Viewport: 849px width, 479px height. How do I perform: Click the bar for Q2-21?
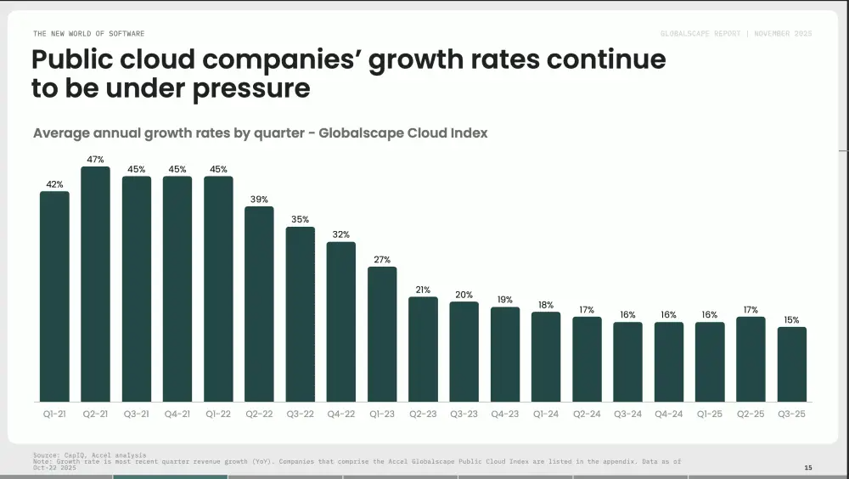coord(95,285)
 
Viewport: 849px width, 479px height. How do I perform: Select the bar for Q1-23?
coord(382,335)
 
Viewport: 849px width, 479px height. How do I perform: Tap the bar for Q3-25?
coord(792,364)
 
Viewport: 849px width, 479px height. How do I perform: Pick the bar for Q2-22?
coord(259,304)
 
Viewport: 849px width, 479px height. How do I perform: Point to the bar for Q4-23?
coord(505,354)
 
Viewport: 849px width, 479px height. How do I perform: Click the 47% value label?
coord(95,160)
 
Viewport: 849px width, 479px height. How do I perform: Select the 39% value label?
coord(259,200)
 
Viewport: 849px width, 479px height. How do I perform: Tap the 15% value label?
coord(792,320)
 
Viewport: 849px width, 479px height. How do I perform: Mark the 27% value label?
coord(382,260)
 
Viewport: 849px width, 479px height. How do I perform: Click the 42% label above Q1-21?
coord(54,184)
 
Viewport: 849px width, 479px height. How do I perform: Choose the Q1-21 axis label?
coord(54,414)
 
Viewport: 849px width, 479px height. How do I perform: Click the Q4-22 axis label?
coord(341,414)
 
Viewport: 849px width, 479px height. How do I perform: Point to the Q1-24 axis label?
coord(546,414)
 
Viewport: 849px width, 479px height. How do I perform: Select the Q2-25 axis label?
coord(751,414)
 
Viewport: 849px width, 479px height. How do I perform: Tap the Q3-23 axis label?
coord(464,414)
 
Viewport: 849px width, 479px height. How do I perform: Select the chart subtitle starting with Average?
coord(260,133)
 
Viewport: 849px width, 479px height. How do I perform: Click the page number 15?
coord(807,468)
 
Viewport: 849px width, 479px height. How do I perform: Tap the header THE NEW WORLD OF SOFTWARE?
coord(88,34)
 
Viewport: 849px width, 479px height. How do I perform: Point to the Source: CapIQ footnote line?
coord(89,455)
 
